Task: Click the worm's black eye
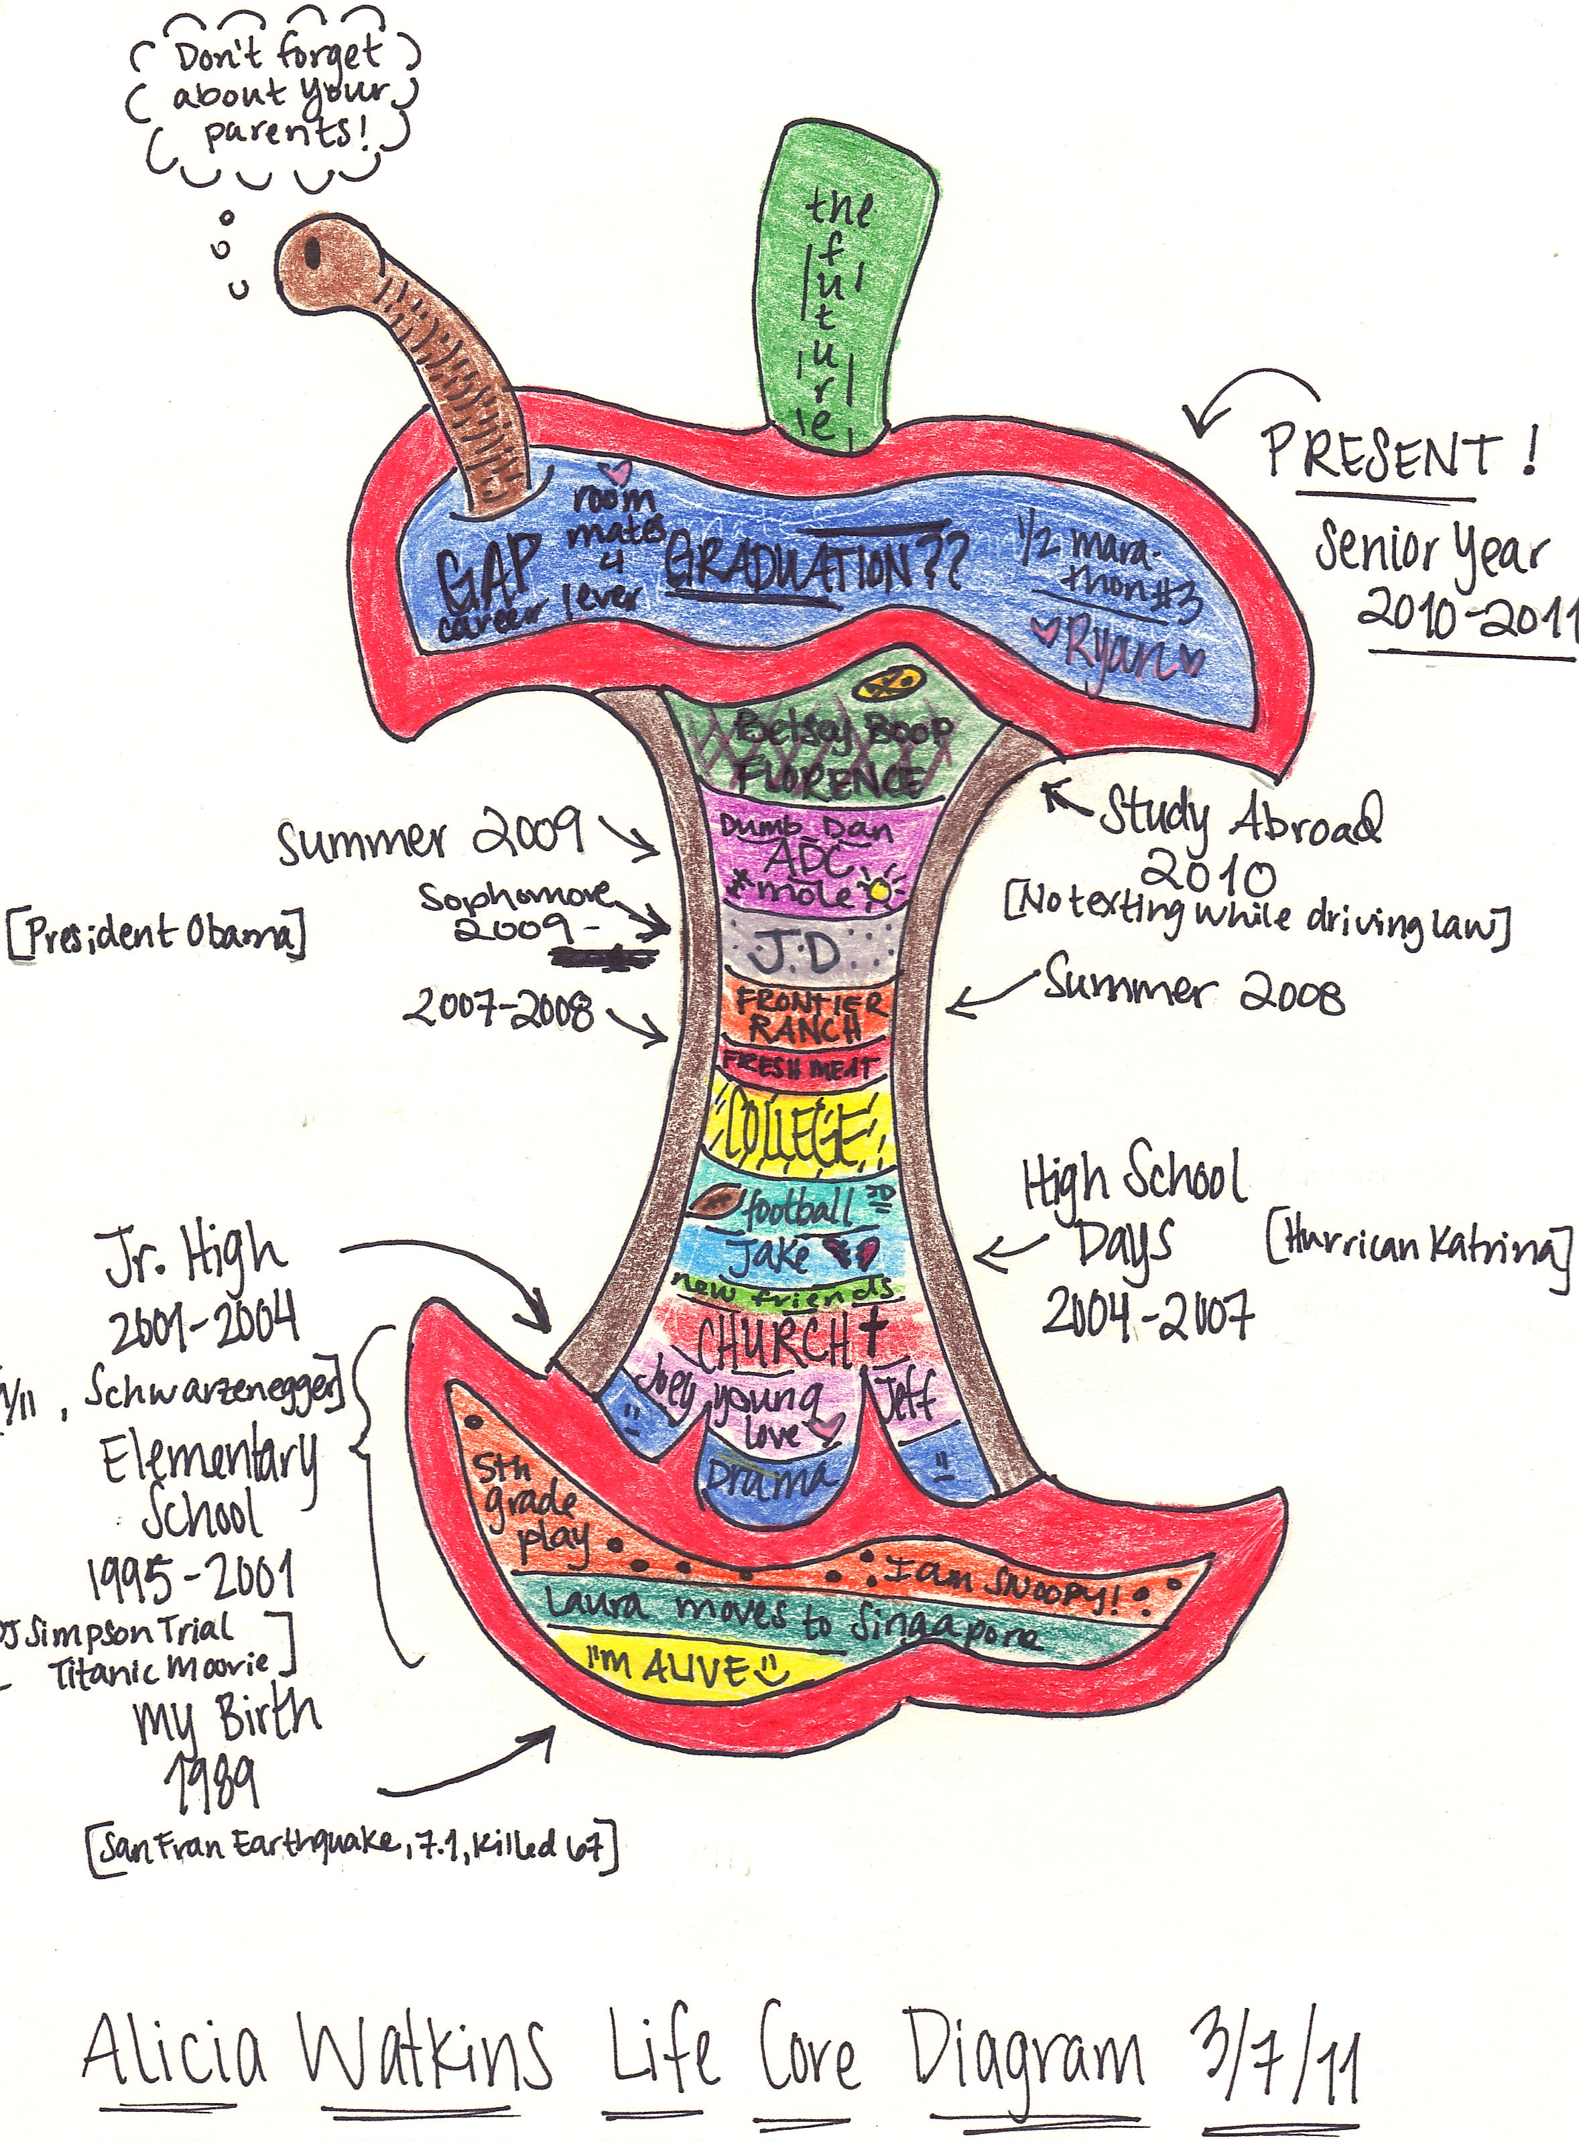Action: coord(312,251)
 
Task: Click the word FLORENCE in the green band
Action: coord(828,778)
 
